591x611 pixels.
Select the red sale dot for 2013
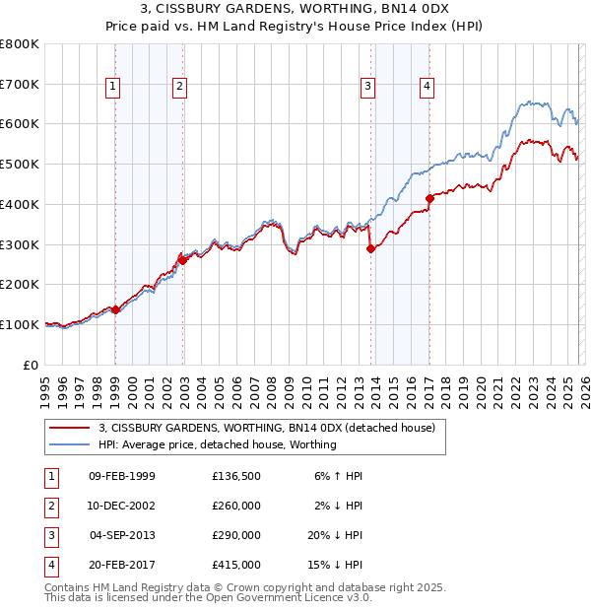(x=370, y=249)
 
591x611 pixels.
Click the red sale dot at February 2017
(x=429, y=198)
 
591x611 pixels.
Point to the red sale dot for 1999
(x=115, y=309)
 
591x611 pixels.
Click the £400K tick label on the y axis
(x=20, y=204)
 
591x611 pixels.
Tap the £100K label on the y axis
(x=20, y=324)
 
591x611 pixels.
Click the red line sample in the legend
(x=70, y=429)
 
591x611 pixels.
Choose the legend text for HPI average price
(x=217, y=444)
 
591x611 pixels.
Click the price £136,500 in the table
(x=236, y=476)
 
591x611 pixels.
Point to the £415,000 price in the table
(x=236, y=565)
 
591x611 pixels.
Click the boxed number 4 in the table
(x=49, y=565)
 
